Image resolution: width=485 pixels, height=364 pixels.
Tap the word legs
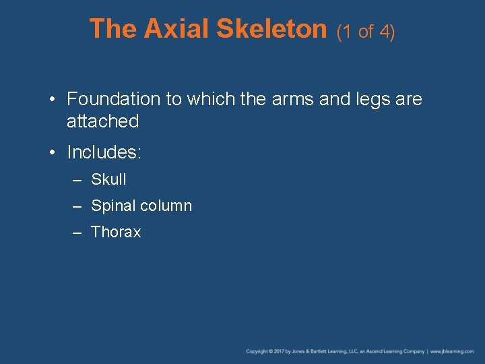tap(373, 100)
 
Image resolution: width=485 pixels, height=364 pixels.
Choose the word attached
tap(102, 121)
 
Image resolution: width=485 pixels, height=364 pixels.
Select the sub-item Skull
tap(108, 180)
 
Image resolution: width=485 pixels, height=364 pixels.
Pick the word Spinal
tap(112, 206)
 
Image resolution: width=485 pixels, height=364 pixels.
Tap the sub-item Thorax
tap(116, 233)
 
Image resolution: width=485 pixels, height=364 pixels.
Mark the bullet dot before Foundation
tap(53, 100)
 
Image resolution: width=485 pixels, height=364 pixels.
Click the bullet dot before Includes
tap(53, 153)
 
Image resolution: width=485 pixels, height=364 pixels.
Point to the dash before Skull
tap(78, 181)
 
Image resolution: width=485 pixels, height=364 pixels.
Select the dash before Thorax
tap(78, 233)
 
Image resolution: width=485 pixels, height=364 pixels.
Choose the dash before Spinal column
tap(78, 207)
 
